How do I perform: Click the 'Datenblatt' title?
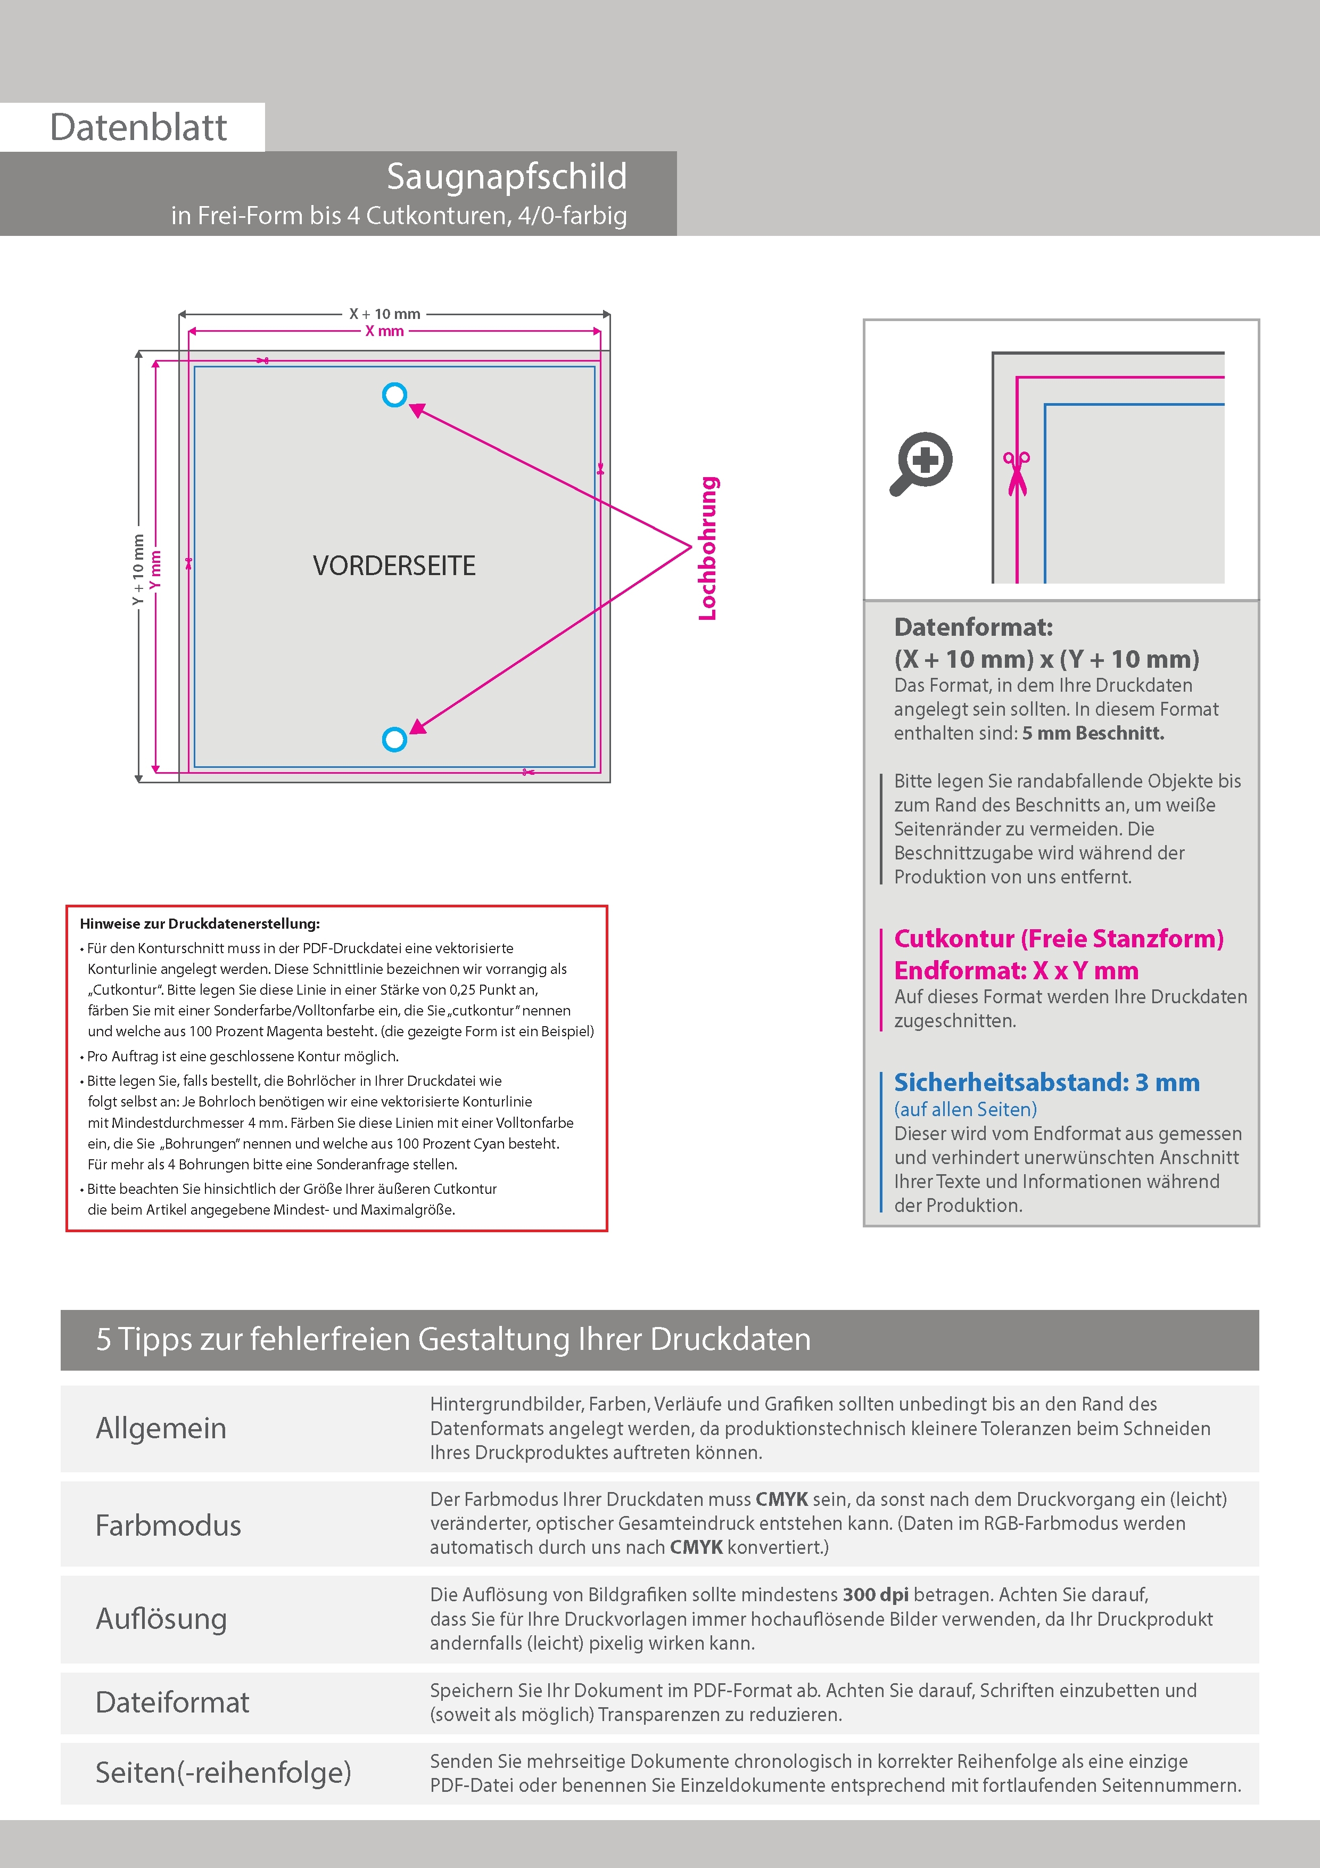click(x=138, y=128)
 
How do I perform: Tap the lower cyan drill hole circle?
click(x=394, y=740)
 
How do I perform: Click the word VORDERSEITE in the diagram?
click(x=394, y=566)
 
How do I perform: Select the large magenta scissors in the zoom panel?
click(x=1016, y=473)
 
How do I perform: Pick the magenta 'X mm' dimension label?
click(x=385, y=331)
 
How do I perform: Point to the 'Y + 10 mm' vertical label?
click(x=138, y=570)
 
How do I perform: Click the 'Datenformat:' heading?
click(x=973, y=627)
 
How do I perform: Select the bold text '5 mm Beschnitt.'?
click(x=1093, y=733)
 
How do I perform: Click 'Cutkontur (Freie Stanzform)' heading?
click(x=1058, y=938)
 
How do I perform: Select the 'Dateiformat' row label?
click(x=172, y=1702)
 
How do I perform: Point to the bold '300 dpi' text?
click(x=876, y=1595)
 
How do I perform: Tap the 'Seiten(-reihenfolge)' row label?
click(x=224, y=1772)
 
